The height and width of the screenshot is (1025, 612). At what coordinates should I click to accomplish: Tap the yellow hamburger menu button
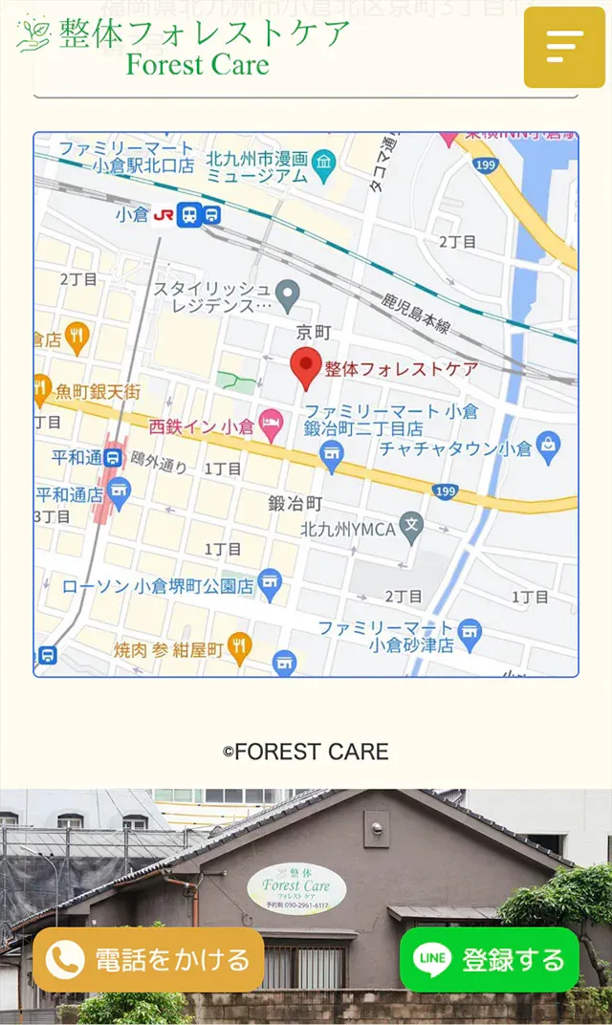(564, 46)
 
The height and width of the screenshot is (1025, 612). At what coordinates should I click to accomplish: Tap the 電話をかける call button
(148, 959)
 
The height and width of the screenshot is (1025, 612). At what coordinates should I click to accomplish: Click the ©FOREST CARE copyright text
(306, 752)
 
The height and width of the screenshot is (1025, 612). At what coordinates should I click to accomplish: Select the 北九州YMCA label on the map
(348, 529)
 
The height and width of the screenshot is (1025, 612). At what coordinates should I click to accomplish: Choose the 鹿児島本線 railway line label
(415, 316)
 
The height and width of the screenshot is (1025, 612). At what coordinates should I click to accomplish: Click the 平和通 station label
(76, 457)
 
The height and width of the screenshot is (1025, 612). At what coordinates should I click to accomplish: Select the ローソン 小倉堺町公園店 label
(158, 586)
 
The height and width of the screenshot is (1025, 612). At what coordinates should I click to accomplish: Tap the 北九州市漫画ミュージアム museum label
(257, 167)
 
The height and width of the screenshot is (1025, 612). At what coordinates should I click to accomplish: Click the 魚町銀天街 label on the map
(98, 391)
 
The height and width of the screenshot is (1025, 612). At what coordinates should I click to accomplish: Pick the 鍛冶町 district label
(295, 503)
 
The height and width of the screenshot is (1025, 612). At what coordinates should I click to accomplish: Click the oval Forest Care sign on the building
(296, 889)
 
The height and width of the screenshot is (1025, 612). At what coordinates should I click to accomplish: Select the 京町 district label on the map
(314, 332)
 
